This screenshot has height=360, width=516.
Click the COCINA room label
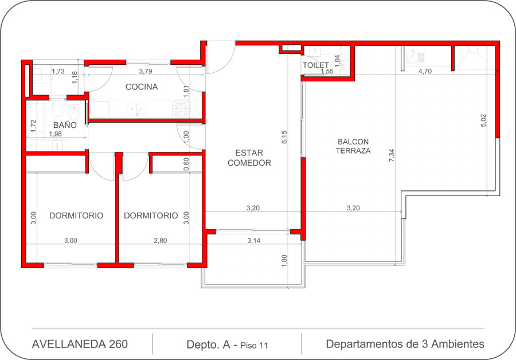[142, 87]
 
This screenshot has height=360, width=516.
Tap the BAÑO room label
[65, 125]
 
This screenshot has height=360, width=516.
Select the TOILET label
[315, 65]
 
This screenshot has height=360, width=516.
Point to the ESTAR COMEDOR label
[249, 158]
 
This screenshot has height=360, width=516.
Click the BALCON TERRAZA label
[353, 146]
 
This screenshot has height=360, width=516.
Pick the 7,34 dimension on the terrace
[392, 155]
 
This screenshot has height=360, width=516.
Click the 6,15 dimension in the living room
[284, 137]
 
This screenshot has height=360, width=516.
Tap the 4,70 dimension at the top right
[425, 71]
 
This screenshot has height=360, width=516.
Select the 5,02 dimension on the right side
[483, 120]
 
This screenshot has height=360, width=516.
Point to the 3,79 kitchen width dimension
[146, 71]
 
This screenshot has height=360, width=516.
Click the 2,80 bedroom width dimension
[161, 241]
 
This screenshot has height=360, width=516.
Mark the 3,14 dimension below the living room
[254, 241]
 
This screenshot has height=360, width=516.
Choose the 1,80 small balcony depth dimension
[284, 261]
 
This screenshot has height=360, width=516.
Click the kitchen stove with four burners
[181, 109]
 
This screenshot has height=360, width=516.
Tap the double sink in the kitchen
[137, 108]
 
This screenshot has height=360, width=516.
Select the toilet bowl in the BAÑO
[75, 111]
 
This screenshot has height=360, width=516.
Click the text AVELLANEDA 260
[80, 344]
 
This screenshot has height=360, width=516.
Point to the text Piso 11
[254, 346]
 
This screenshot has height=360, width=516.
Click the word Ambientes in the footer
[458, 344]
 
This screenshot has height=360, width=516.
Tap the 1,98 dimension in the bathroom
[55, 134]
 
